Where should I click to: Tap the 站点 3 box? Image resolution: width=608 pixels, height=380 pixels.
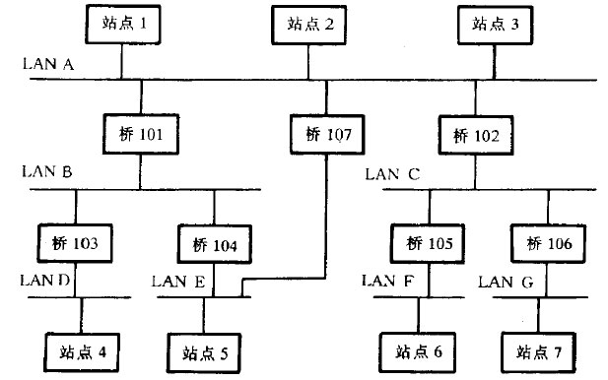click(x=494, y=24)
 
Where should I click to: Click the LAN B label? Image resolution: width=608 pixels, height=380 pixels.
click(x=46, y=171)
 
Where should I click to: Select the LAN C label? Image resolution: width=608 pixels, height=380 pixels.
click(x=392, y=174)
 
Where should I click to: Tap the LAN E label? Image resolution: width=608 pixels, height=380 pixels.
click(x=178, y=282)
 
